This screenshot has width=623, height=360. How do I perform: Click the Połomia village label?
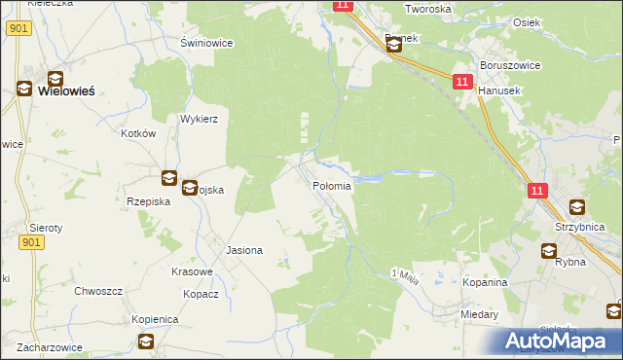331,186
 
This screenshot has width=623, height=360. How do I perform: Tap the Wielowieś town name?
66,90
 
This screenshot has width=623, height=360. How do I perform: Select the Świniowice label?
203,43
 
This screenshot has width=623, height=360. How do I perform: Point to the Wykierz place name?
199,119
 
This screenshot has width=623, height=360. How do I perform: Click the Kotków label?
138,133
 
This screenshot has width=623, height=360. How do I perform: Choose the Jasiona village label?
244,250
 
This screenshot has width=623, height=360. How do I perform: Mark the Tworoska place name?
427,9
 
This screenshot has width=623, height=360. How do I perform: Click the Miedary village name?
480,315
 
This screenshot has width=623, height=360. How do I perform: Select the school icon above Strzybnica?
576,207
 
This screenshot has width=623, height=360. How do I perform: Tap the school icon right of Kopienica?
146,341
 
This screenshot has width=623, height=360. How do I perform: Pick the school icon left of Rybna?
550,251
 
